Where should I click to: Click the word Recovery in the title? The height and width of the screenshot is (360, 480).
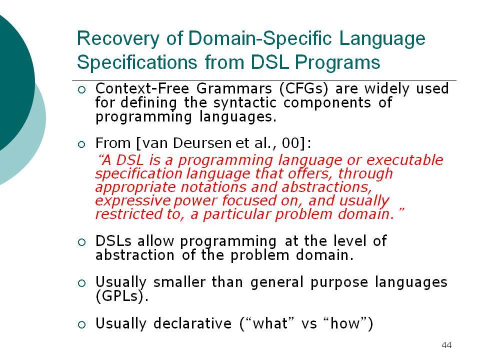coord(118,39)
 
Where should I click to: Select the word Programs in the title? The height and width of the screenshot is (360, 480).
coord(337,63)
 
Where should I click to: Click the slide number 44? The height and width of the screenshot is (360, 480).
coord(446,345)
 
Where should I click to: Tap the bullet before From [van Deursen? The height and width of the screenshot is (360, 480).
coord(81,144)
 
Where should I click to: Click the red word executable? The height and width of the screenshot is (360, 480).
coord(404,160)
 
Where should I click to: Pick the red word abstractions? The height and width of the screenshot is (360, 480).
coord(326,186)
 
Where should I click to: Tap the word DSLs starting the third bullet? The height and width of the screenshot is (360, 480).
coord(113,241)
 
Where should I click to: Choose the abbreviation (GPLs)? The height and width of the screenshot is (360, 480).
coord(122,296)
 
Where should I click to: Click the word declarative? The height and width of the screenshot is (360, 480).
coord(192,323)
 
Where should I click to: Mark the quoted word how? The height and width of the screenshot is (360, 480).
coord(345,323)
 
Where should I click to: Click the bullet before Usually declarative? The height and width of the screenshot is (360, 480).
coord(81,325)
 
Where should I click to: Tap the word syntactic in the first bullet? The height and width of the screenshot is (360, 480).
coord(244,103)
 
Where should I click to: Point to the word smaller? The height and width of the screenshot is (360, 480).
coord(179,282)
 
